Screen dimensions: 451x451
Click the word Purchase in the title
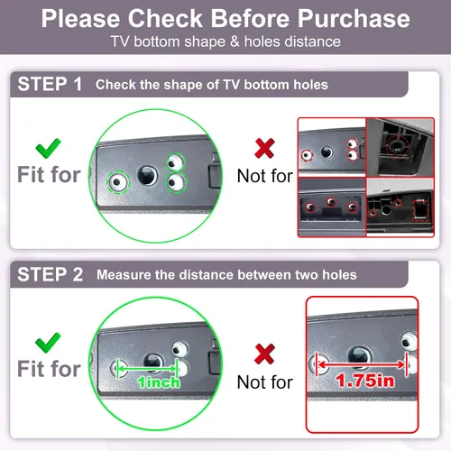[354, 19]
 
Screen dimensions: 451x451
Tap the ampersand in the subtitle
[235, 41]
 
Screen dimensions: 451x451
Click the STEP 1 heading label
[50, 84]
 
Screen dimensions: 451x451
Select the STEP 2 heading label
[50, 274]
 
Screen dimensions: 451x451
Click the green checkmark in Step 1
[48, 148]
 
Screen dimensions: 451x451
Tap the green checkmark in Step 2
[48, 343]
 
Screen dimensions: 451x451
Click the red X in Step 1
[264, 148]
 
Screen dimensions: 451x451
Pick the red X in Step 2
[264, 354]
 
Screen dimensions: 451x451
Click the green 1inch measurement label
[159, 382]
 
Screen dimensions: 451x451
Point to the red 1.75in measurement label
[365, 381]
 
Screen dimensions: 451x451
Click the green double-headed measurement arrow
[147, 368]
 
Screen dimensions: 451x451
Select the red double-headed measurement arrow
[362, 364]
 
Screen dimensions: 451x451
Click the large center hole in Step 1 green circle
[147, 175]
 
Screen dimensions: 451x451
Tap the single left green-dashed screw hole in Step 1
[118, 182]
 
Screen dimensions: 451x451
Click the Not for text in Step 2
[264, 382]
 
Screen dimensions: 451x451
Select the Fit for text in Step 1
[49, 174]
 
